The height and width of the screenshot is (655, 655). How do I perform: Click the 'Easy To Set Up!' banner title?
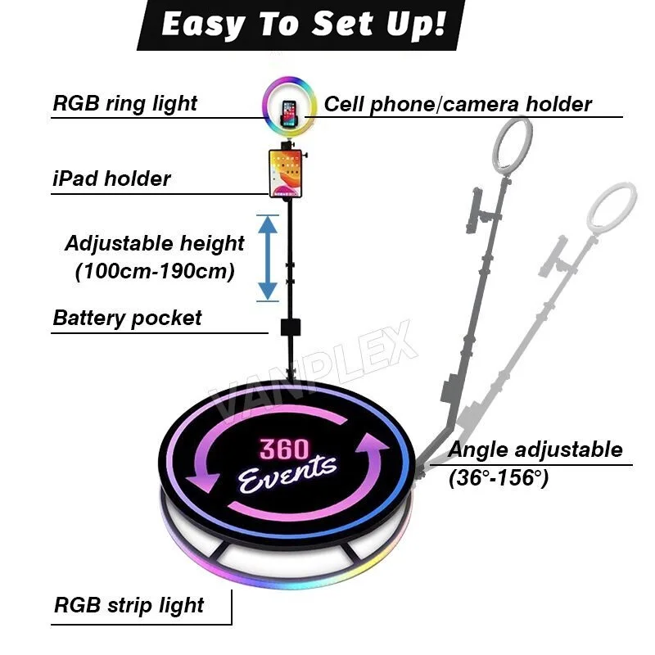pyautogui.click(x=304, y=25)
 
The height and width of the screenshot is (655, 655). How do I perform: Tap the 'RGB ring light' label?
pyautogui.click(x=124, y=104)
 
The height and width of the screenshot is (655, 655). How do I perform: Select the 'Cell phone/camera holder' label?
pyautogui.click(x=458, y=105)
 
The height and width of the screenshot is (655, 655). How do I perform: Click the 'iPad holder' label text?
pyautogui.click(x=111, y=178)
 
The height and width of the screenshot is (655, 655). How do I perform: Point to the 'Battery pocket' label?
pyautogui.click(x=127, y=318)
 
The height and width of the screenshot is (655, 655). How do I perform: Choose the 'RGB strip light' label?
pyautogui.click(x=129, y=606)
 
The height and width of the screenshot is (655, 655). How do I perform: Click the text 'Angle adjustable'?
pyautogui.click(x=535, y=449)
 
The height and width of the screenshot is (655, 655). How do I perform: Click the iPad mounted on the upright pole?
pyautogui.click(x=287, y=172)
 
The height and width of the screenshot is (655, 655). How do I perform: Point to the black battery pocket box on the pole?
pyautogui.click(x=289, y=327)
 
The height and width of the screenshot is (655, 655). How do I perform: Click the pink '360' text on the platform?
pyautogui.click(x=284, y=449)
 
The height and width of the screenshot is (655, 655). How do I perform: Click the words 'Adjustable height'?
pyautogui.click(x=154, y=244)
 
